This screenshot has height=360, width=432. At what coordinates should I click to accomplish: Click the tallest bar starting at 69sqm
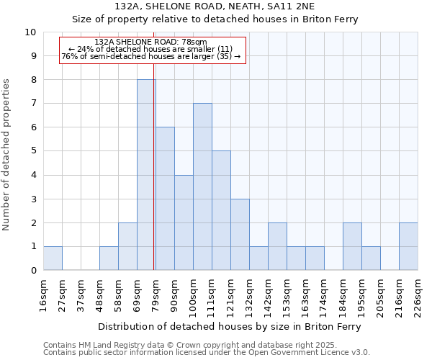click(x=146, y=175)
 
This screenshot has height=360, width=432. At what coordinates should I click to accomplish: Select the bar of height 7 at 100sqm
click(x=202, y=187)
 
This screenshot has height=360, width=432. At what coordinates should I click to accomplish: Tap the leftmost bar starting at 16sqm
click(x=53, y=258)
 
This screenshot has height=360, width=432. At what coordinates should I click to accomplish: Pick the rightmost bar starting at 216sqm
click(x=408, y=246)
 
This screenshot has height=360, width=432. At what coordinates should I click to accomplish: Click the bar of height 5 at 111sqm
click(x=221, y=210)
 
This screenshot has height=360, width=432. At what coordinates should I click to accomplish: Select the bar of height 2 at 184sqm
click(x=352, y=246)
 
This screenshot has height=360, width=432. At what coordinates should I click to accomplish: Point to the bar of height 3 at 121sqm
click(x=240, y=235)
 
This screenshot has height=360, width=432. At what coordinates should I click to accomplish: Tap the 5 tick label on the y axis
click(x=33, y=151)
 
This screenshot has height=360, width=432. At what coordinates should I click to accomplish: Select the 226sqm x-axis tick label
click(x=418, y=294)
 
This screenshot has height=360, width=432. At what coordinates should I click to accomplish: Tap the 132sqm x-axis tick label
click(x=249, y=294)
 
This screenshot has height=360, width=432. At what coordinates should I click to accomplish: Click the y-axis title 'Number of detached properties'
click(x=6, y=155)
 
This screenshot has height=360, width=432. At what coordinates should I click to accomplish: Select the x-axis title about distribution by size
click(x=230, y=326)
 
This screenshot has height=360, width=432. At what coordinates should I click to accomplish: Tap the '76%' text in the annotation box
click(x=69, y=56)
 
